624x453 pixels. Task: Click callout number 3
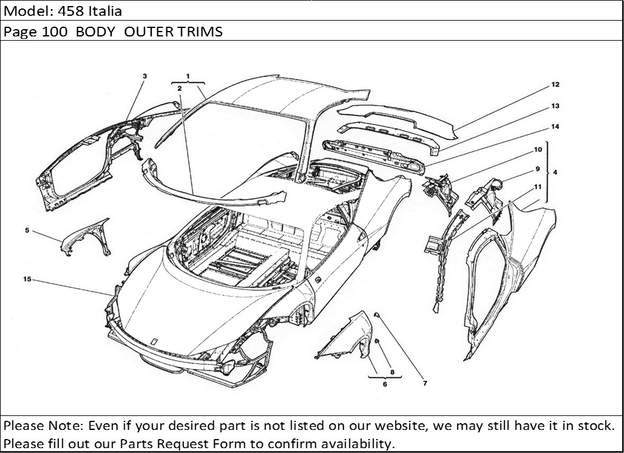point(145,76)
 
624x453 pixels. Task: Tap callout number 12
point(555,84)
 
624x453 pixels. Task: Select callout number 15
point(27,279)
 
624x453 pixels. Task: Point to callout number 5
point(27,230)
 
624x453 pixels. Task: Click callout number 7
point(425,383)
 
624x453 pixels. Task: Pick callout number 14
point(555,126)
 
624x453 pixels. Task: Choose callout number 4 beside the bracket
point(555,172)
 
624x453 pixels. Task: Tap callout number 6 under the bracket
point(385,384)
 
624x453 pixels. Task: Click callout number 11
point(538,186)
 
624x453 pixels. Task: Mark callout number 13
point(555,106)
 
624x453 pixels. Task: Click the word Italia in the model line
point(105,11)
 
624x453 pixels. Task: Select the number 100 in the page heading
point(55,32)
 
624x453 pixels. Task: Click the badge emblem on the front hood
point(154,341)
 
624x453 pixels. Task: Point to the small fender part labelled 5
point(86,237)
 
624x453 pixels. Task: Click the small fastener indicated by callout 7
point(376,315)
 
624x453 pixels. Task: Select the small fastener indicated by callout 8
point(377,341)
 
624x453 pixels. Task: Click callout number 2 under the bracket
point(180,89)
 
